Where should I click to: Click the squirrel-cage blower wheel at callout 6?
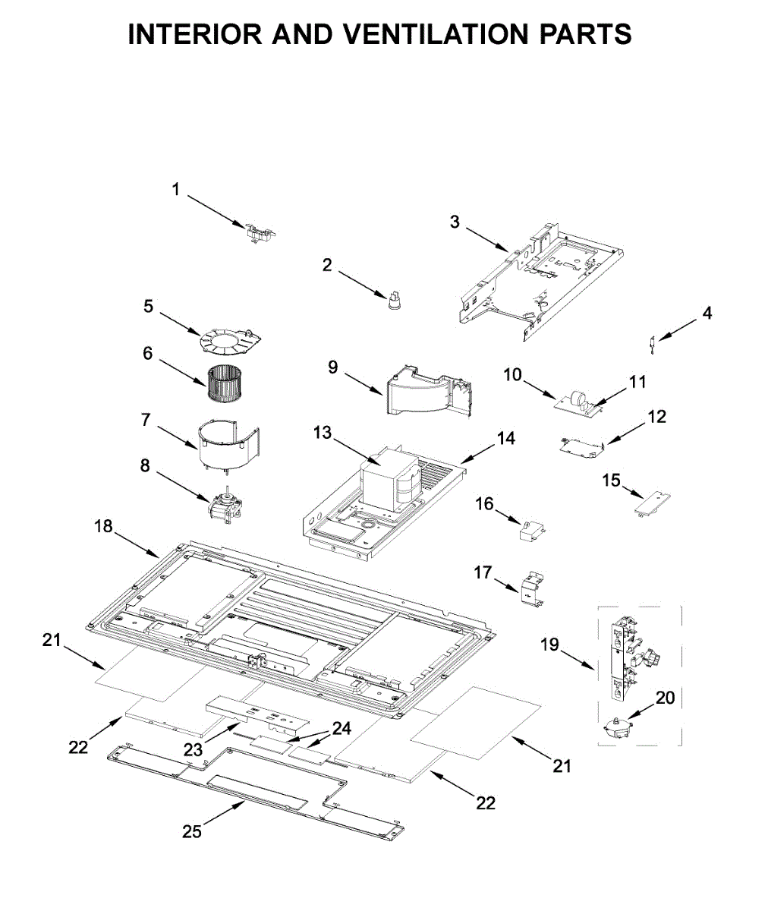pyautogui.click(x=225, y=383)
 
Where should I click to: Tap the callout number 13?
pyautogui.click(x=323, y=433)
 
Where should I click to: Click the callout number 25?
pyautogui.click(x=192, y=831)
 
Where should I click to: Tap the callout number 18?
pyautogui.click(x=104, y=526)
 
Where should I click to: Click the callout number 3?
pyautogui.click(x=455, y=222)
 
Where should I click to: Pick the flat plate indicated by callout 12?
pyautogui.click(x=582, y=449)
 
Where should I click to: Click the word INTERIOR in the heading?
pyautogui.click(x=195, y=34)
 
